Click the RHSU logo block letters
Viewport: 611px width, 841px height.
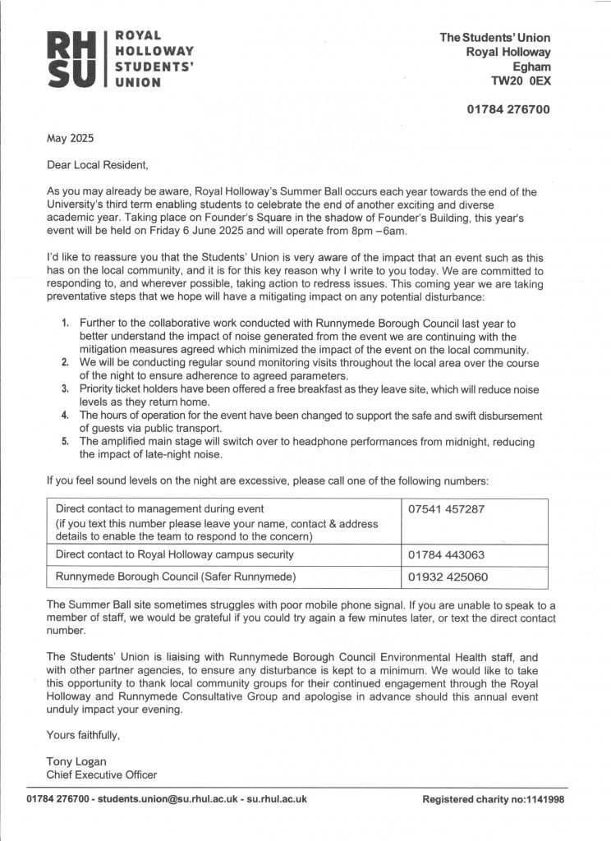pos(73,58)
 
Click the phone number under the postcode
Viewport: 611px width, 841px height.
pos(508,109)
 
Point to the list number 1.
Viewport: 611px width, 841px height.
pos(67,324)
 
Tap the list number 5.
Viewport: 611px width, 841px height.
pos(67,441)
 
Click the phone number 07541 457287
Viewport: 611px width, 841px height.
pos(447,508)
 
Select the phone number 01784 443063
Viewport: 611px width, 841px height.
pos(447,554)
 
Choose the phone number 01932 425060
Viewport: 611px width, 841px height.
pos(447,577)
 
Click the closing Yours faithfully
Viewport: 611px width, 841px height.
pos(83,735)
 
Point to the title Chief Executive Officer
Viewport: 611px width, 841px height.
pos(101,774)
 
